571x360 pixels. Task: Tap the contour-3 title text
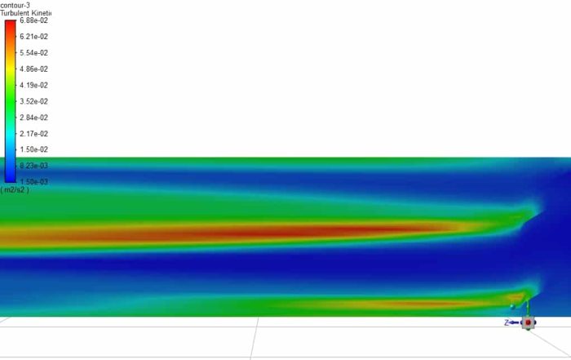(x=15, y=5)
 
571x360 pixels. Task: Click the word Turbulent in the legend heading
(x=15, y=13)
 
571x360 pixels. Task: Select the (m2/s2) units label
(x=14, y=190)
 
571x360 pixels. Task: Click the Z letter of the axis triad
(x=507, y=323)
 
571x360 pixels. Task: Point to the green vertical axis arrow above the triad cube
(x=527, y=307)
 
